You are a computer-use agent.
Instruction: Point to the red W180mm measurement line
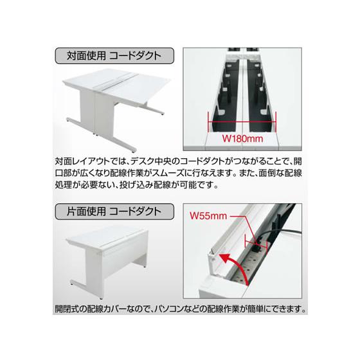pyautogui.click(x=241, y=119)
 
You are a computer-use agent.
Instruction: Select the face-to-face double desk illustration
pyautogui.click(x=116, y=103)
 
